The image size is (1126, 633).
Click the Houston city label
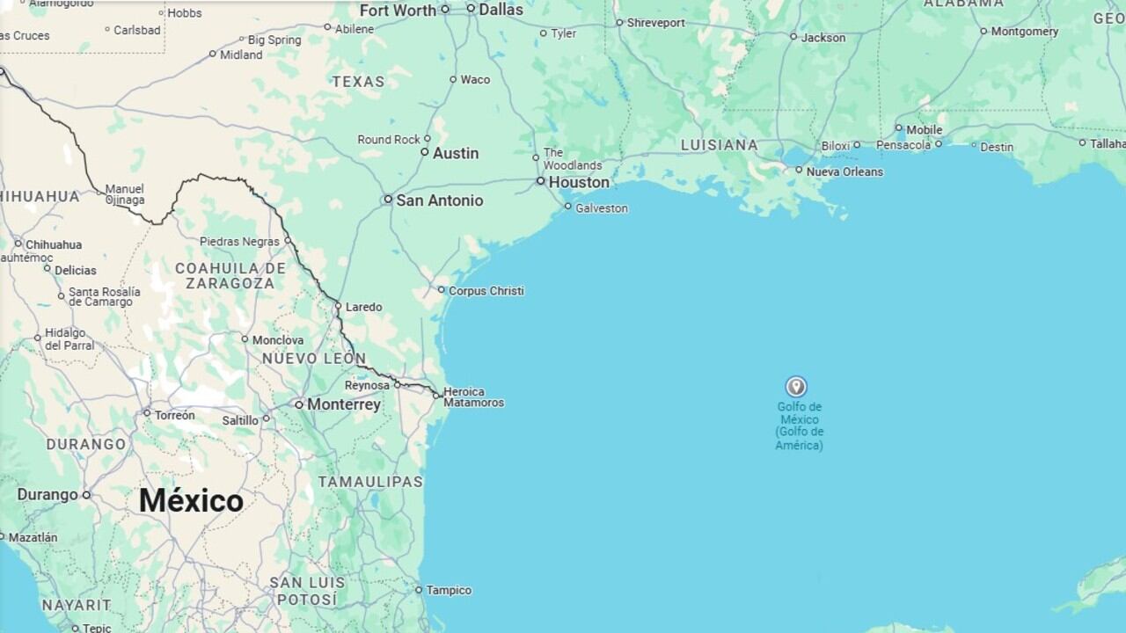pos(578,182)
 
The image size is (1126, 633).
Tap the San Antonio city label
pos(439,200)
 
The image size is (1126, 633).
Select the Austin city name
pos(456,153)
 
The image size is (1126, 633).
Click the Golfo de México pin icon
pos(796,387)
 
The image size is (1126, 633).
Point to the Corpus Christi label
pos(486,291)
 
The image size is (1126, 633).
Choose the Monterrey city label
pos(343,404)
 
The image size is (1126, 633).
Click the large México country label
pos(191,500)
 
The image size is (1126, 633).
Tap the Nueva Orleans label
pos(844,171)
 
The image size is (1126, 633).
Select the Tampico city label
pos(449,591)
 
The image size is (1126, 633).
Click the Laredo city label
pos(363,307)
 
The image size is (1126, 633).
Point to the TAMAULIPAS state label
pos(370,482)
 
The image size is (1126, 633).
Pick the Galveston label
pos(602,208)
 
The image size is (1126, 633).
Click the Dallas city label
pos(501,10)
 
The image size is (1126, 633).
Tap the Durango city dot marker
pos(86,495)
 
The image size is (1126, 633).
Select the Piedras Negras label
pos(239,242)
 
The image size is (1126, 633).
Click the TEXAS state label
pos(358,82)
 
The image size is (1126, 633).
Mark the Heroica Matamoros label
pos(473,397)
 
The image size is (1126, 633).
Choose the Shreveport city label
pos(656,23)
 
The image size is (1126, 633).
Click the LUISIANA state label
pos(720,145)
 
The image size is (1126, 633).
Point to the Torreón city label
pos(174,415)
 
